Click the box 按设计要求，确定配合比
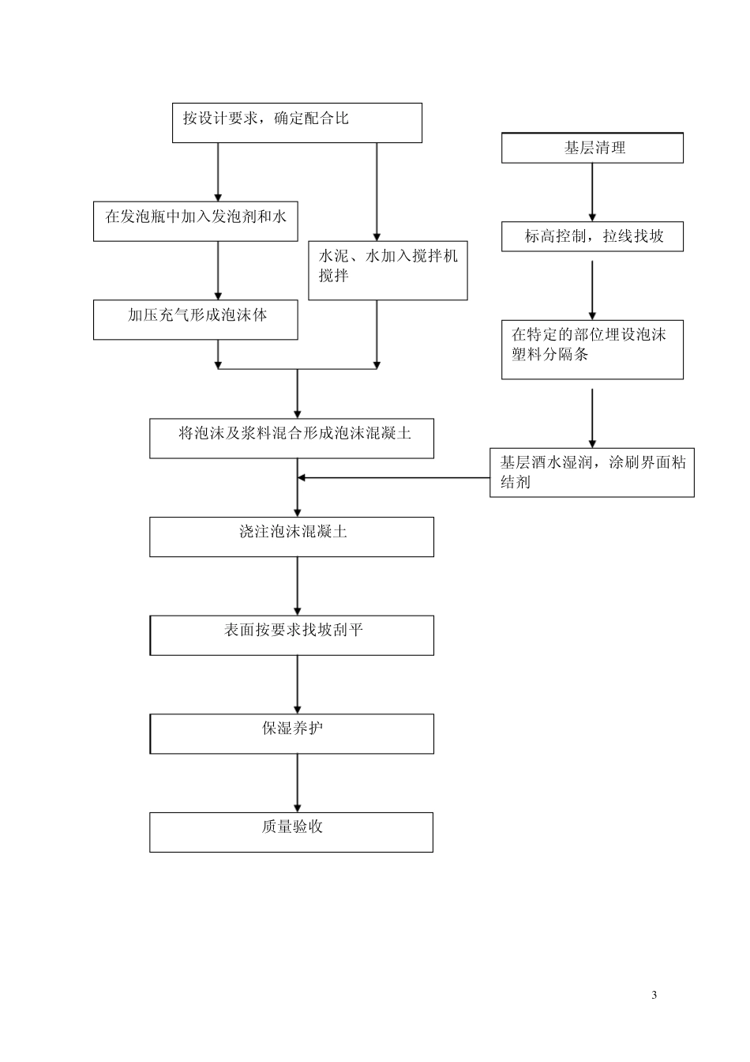[297, 122]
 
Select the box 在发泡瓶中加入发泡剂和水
[196, 221]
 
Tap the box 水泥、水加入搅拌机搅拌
[388, 270]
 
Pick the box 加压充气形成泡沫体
[196, 319]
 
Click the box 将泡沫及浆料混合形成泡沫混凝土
[291, 438]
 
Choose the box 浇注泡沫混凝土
[291, 537]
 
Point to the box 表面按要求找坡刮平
[291, 635]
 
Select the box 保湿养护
[291, 733]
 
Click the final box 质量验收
[291, 832]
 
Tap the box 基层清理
[592, 148]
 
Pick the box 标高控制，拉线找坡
[592, 236]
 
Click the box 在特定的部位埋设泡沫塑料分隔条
[592, 349]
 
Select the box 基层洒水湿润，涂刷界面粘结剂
[592, 473]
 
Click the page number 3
[654, 995]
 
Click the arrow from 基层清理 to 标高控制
[592, 192]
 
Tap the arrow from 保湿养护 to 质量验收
[298, 782]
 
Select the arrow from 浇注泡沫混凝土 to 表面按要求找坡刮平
[298, 586]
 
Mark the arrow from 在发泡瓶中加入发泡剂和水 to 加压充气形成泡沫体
[219, 270]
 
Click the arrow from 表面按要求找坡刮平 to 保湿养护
[298, 684]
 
